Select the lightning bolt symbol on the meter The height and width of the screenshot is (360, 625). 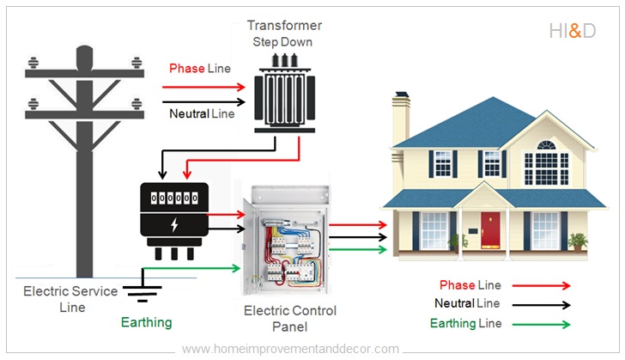[x=175, y=225]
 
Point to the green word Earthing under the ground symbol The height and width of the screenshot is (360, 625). [x=146, y=322]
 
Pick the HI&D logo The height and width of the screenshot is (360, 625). [x=572, y=32]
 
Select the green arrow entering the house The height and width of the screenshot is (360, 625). [x=358, y=249]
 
